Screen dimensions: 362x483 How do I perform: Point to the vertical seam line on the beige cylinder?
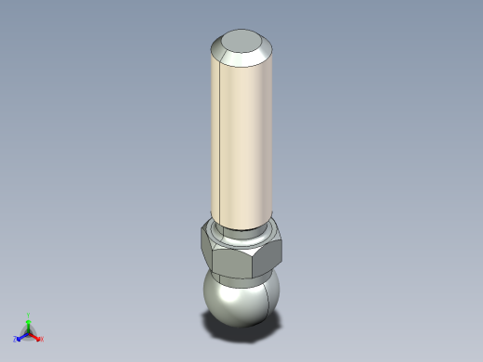(x=216, y=139)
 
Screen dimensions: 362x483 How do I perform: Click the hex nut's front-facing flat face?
(x=244, y=260)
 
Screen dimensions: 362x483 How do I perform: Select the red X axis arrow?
(x=36, y=336)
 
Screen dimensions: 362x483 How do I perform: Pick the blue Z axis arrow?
(x=20, y=336)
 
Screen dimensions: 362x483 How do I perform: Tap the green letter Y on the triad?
(x=29, y=315)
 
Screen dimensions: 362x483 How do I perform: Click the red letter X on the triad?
(x=42, y=339)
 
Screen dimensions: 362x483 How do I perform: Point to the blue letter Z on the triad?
(x=15, y=340)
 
